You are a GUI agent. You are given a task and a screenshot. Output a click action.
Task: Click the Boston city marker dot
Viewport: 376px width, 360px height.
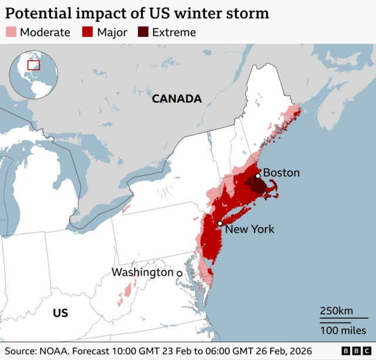[258, 176]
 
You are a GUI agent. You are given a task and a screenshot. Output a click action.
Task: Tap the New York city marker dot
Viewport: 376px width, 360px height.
[220, 224]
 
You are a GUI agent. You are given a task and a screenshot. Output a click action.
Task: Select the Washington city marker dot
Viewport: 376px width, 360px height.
[180, 274]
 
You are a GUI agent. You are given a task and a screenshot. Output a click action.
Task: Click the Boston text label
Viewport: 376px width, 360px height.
[281, 172]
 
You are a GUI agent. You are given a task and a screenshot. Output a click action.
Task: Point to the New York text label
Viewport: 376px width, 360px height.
[250, 229]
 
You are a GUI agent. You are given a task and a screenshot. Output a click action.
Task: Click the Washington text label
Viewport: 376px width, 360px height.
[143, 272]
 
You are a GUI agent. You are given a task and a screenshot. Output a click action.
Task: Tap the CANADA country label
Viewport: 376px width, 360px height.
[176, 99]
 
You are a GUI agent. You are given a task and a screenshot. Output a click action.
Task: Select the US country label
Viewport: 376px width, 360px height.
[61, 313]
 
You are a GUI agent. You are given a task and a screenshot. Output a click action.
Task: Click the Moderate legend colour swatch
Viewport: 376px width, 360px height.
[11, 32]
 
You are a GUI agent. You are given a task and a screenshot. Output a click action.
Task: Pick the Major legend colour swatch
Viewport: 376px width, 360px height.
[88, 32]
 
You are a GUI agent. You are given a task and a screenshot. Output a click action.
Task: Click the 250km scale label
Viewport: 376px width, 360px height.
[337, 311]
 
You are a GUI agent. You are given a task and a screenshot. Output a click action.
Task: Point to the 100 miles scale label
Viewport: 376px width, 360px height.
[343, 331]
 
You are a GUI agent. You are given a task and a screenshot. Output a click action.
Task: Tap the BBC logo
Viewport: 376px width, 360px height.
[352, 350]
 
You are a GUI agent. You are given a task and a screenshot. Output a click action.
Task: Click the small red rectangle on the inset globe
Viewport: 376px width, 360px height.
[34, 65]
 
